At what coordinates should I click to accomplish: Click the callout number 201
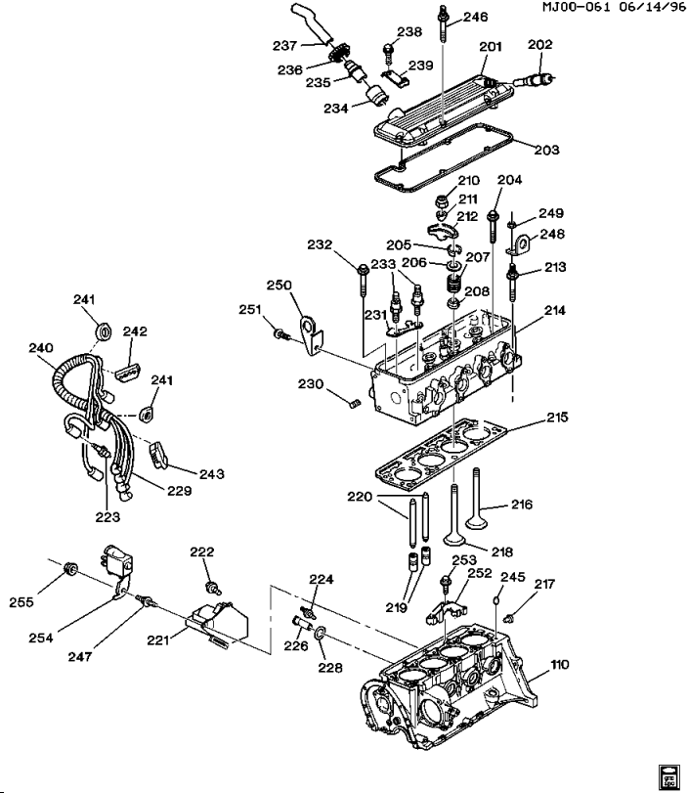[x=491, y=47]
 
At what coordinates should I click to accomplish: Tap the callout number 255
[x=21, y=601]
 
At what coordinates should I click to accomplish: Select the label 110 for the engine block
[x=560, y=665]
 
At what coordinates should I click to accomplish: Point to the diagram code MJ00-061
[x=576, y=7]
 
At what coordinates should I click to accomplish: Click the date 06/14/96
[x=651, y=7]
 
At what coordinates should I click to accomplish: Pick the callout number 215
[x=557, y=418]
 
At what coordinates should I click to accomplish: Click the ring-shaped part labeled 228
[x=320, y=633]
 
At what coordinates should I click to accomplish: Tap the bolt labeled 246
[x=444, y=25]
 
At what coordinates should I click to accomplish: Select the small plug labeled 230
[x=356, y=403]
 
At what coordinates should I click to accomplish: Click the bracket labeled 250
[x=310, y=334]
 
